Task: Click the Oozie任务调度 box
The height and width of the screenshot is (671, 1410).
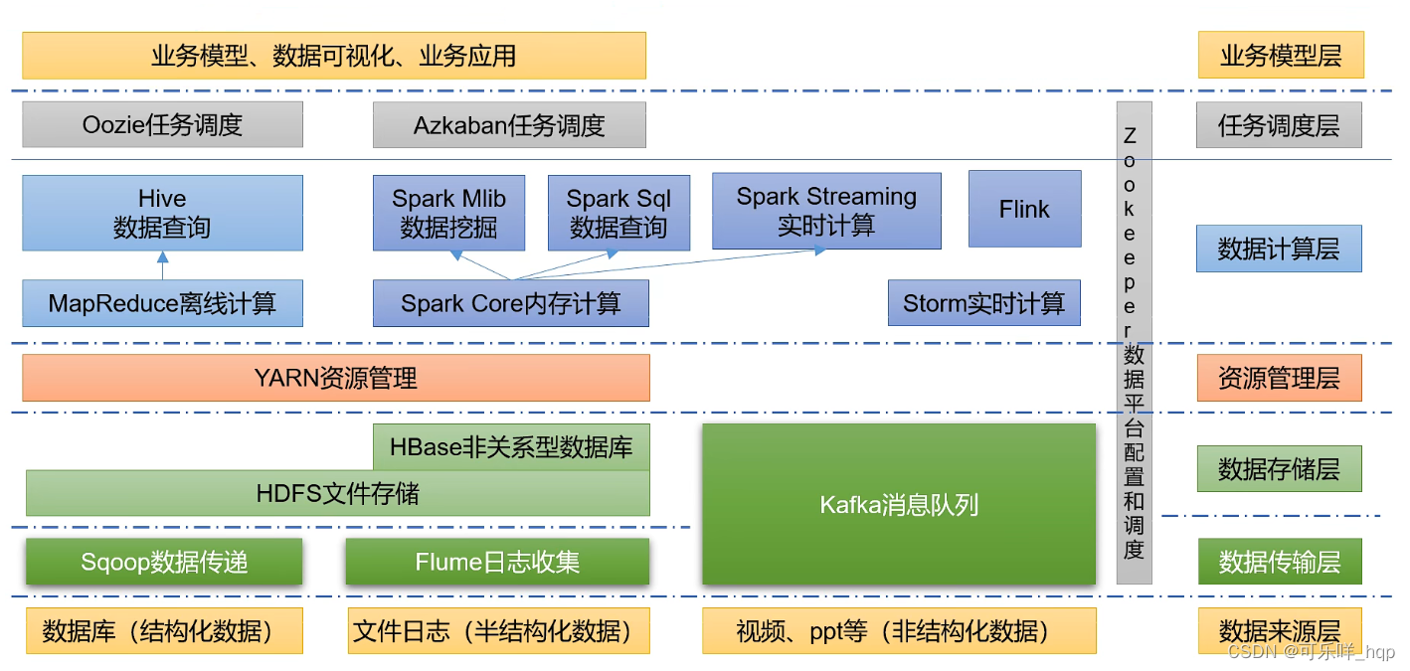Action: (x=162, y=124)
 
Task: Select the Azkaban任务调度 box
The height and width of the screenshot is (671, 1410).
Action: (x=509, y=125)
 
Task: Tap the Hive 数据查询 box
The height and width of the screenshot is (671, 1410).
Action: (x=162, y=213)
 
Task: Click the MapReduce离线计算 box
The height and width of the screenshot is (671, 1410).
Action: (x=162, y=303)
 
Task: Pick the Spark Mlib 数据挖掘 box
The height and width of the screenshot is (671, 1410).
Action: (x=448, y=213)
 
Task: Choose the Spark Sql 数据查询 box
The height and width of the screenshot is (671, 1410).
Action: (x=618, y=213)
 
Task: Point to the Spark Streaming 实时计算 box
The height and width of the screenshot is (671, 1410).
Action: (x=826, y=211)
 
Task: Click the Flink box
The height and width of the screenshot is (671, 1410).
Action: (x=1025, y=209)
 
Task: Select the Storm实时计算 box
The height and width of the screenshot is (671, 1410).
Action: (x=983, y=303)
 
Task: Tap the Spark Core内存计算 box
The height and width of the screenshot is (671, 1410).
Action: (x=510, y=303)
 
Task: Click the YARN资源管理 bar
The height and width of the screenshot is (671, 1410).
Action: (x=336, y=378)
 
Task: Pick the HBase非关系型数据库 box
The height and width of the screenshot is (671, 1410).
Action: (x=511, y=447)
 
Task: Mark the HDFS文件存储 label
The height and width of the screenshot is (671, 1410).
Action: (x=337, y=493)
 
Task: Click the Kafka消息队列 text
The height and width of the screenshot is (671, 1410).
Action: (x=899, y=505)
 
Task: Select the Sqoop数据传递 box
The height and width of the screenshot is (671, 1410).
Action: (x=164, y=562)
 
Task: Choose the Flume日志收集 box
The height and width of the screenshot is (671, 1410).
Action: (x=497, y=562)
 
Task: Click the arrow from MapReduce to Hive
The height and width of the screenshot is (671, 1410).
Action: (x=162, y=265)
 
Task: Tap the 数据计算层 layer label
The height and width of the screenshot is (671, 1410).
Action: (x=1279, y=249)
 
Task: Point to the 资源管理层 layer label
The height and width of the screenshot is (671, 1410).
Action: (x=1279, y=378)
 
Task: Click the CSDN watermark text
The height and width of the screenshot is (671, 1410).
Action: (x=1311, y=652)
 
